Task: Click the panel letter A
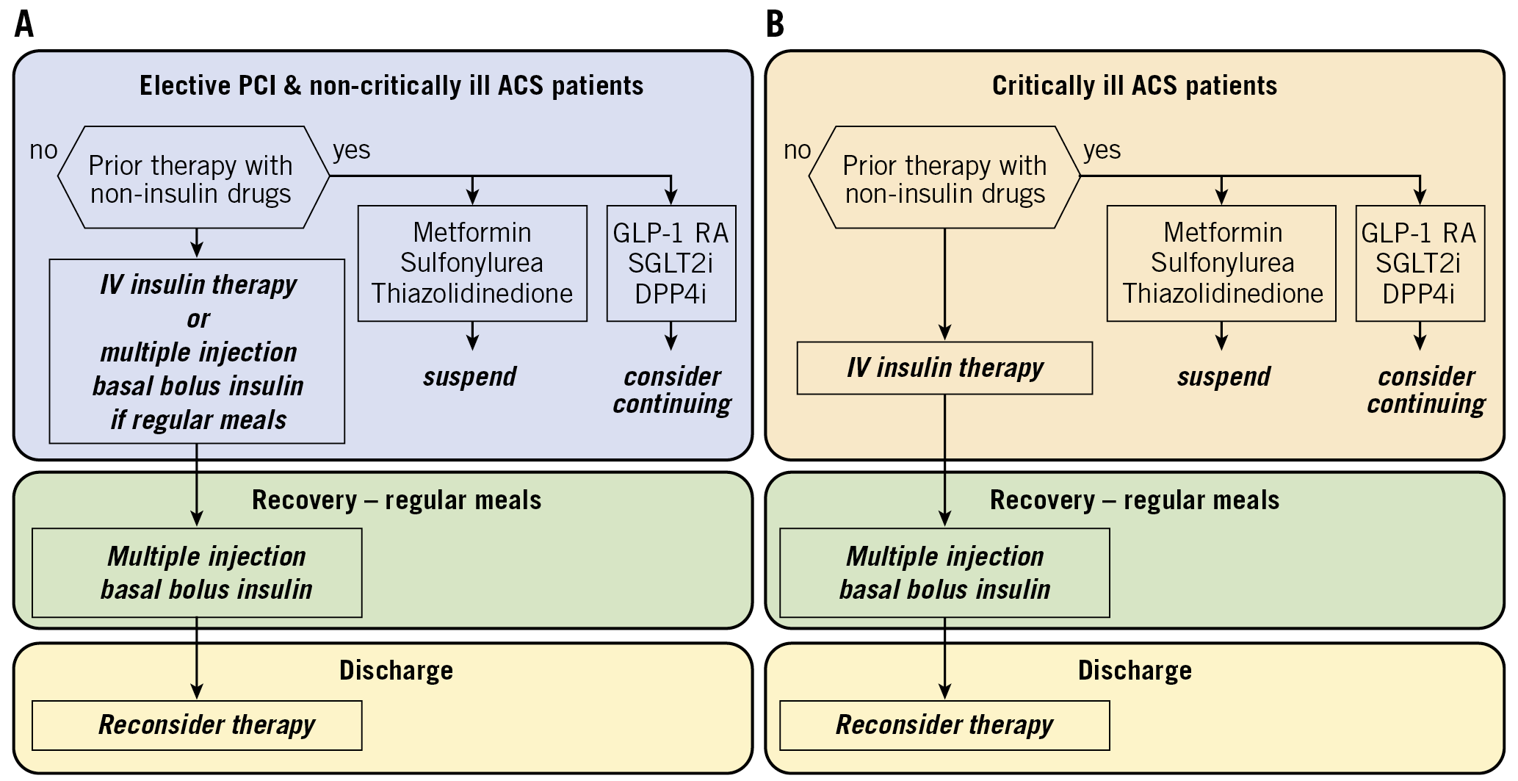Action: pyautogui.click(x=24, y=24)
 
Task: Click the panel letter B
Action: pyautogui.click(x=775, y=24)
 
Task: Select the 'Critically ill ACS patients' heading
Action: pyautogui.click(x=1134, y=86)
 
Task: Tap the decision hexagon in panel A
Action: pyautogui.click(x=193, y=179)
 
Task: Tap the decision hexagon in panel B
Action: pyautogui.click(x=944, y=179)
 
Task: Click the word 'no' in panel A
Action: pyautogui.click(x=43, y=150)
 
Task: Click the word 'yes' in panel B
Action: pyautogui.click(x=1102, y=150)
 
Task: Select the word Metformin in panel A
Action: pyautogui.click(x=472, y=233)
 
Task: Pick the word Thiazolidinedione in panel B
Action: pyautogui.click(x=1222, y=293)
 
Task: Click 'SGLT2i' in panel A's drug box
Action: pyautogui.click(x=671, y=263)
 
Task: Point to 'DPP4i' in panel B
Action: pyautogui.click(x=1419, y=294)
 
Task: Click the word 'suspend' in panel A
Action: pyautogui.click(x=470, y=377)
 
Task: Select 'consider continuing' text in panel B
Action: pyautogui.click(x=1425, y=390)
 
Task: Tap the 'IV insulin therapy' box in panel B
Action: pyautogui.click(x=944, y=368)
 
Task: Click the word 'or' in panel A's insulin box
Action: pyautogui.click(x=198, y=319)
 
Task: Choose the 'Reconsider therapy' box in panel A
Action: pyautogui.click(x=197, y=725)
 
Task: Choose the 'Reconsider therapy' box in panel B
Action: pyautogui.click(x=944, y=725)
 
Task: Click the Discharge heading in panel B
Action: pyautogui.click(x=1134, y=671)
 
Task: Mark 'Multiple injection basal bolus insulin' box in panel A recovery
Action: pyautogui.click(x=197, y=572)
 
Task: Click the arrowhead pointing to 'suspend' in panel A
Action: pyautogui.click(x=473, y=343)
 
